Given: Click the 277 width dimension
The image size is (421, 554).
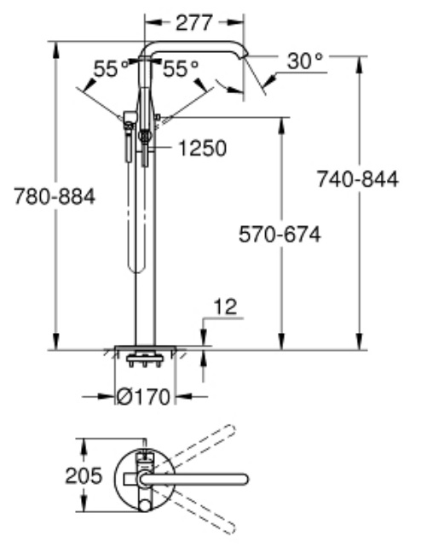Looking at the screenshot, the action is click(194, 22).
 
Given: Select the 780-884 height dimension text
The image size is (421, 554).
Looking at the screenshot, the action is click(55, 196).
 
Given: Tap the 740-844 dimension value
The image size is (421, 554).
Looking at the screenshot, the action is click(358, 178).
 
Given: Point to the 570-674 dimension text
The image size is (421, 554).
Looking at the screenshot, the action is click(280, 234).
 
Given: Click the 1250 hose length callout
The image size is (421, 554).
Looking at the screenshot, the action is click(202, 148).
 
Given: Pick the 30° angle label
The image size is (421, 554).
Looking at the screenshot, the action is click(304, 61).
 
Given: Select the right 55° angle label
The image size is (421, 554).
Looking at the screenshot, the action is click(181, 68).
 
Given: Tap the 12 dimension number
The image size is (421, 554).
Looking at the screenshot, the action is click(226, 306).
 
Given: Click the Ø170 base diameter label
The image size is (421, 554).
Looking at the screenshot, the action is click(143, 397).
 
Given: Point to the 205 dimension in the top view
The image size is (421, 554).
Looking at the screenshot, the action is click(84, 475).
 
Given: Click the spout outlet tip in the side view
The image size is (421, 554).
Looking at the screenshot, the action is click(245, 55).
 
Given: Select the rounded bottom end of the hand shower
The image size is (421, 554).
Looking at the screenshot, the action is click(136, 266).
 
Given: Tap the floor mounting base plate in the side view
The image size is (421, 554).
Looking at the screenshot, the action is click(145, 348).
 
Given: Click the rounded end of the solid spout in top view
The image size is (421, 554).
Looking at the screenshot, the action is click(245, 480).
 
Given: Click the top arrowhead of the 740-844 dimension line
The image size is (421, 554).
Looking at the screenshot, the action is click(360, 64).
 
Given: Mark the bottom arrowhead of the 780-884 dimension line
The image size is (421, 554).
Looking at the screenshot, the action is click(55, 341).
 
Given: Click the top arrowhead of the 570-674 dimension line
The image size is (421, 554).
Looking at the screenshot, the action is click(281, 125).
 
